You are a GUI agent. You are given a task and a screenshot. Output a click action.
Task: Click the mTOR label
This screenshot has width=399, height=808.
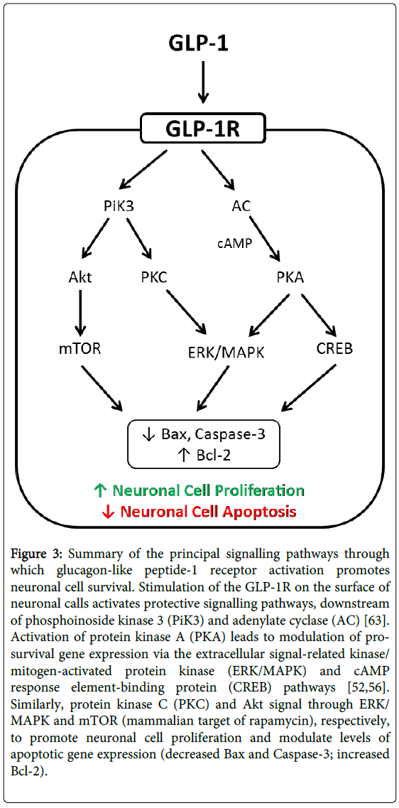80,350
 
